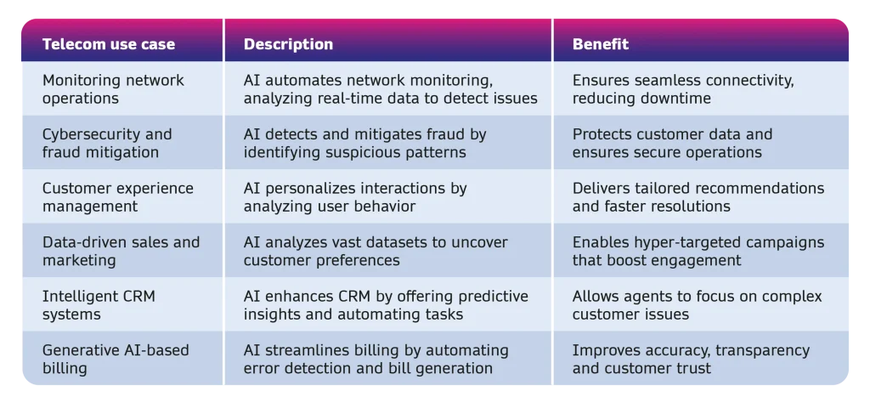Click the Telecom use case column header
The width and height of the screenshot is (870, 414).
click(x=109, y=44)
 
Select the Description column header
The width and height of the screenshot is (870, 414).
click(x=289, y=44)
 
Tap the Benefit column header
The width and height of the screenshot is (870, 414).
click(x=601, y=44)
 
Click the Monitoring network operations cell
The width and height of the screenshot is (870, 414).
click(x=113, y=88)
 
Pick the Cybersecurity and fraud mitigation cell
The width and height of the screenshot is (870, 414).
click(x=107, y=143)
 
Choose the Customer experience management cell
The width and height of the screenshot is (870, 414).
click(x=118, y=197)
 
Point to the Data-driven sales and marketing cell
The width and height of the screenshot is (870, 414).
click(x=121, y=251)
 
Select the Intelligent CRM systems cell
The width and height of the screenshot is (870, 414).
click(x=99, y=304)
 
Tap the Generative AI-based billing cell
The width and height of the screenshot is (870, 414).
click(x=116, y=359)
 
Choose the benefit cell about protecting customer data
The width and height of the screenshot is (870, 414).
click(x=673, y=143)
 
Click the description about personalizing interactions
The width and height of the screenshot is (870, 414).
click(x=355, y=197)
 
